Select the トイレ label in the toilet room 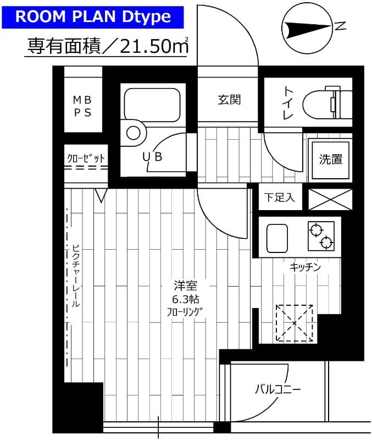[288, 103]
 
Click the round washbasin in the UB [134, 133]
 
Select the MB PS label [83, 106]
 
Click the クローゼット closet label [85, 158]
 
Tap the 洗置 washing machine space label [330, 159]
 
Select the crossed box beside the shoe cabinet [330, 199]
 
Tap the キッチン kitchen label [305, 267]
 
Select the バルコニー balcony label [277, 390]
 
